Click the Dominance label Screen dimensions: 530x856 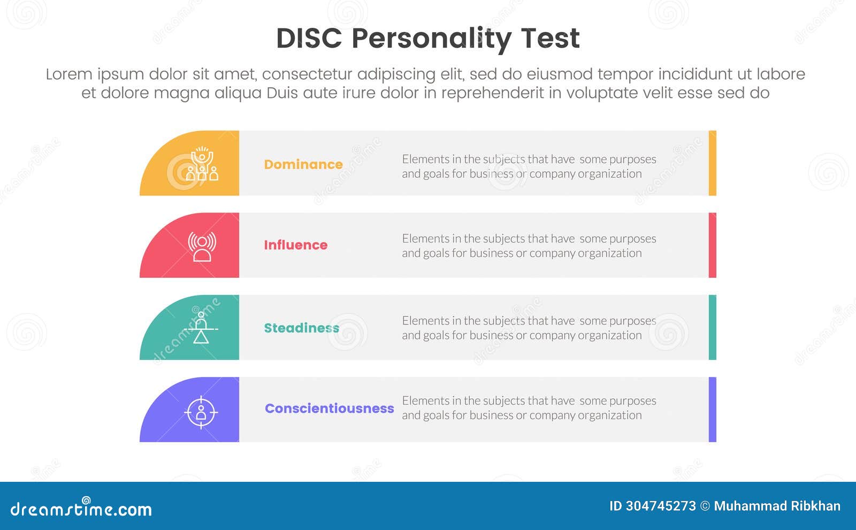click(303, 164)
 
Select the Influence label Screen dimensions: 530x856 click(295, 245)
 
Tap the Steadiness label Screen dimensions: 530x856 click(301, 328)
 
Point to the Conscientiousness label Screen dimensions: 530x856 click(329, 408)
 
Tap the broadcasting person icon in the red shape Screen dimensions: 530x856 click(202, 246)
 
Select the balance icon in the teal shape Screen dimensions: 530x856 click(201, 328)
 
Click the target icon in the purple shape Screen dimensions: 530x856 click(201, 412)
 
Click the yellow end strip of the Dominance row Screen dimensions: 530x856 click(712, 163)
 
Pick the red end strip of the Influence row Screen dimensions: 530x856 click(712, 245)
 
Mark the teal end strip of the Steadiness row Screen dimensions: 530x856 click(712, 327)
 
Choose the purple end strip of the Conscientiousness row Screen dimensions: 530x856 click(712, 410)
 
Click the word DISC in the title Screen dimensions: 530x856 click(309, 39)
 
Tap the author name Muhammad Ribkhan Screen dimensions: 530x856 click(777, 506)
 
